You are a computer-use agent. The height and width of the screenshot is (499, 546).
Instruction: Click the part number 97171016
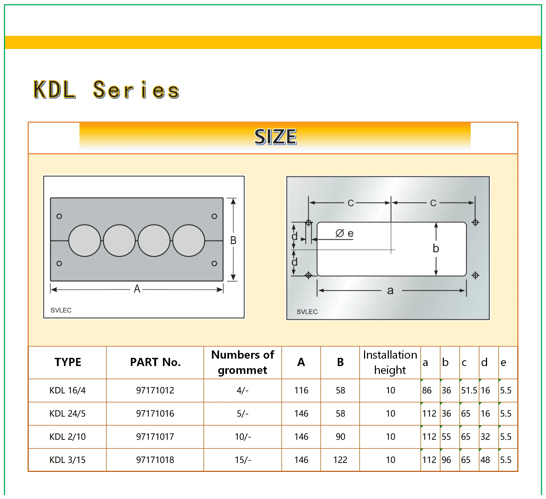click(x=155, y=413)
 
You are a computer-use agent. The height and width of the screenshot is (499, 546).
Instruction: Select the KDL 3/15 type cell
click(x=67, y=460)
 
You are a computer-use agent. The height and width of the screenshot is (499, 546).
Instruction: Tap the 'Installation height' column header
click(x=390, y=362)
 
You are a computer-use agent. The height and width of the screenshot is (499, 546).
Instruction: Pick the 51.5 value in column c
click(x=469, y=390)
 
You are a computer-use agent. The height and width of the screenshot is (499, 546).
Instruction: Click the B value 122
click(x=340, y=460)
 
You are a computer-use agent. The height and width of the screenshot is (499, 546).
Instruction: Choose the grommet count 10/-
click(x=243, y=437)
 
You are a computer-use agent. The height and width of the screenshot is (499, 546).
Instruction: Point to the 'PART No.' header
click(x=155, y=362)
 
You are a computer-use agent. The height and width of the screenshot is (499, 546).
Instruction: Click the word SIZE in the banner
click(x=275, y=137)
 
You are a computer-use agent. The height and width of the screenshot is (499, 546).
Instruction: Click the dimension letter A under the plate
click(x=137, y=289)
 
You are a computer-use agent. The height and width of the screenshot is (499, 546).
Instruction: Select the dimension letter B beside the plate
click(x=233, y=240)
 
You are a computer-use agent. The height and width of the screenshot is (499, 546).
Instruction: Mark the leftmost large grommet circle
click(x=85, y=241)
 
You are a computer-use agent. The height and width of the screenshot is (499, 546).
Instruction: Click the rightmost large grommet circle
click(x=189, y=241)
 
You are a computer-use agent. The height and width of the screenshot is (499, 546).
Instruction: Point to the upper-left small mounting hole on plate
click(x=59, y=216)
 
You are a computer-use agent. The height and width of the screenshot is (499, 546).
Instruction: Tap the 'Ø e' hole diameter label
click(x=344, y=233)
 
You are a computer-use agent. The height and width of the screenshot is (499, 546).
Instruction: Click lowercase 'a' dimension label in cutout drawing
click(x=390, y=291)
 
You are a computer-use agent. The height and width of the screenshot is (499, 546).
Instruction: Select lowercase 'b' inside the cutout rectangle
click(x=435, y=248)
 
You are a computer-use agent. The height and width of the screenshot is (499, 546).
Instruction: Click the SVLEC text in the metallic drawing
click(x=307, y=312)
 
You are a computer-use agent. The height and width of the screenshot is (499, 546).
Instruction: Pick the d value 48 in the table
click(x=485, y=460)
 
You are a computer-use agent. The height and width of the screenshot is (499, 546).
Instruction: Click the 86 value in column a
click(x=426, y=390)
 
